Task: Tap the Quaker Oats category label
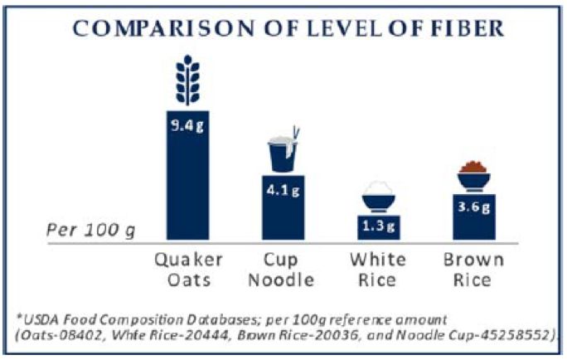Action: [187, 270]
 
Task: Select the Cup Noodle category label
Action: [283, 270]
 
